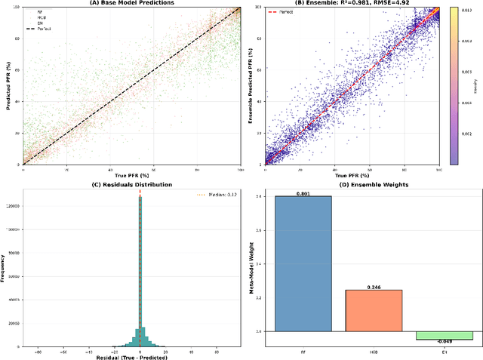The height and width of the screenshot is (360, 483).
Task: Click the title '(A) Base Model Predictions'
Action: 132,3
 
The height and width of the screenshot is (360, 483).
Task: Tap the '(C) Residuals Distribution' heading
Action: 132,184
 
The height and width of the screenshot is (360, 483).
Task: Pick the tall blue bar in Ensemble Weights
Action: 303,263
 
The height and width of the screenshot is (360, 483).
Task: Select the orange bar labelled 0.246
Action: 374,310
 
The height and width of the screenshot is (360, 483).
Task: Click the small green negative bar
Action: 445,335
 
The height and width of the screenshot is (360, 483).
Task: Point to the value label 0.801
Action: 303,192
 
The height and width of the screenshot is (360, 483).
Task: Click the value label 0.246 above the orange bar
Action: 374,287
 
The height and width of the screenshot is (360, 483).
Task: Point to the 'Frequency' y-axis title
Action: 4,268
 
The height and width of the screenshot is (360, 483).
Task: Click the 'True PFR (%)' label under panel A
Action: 132,176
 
